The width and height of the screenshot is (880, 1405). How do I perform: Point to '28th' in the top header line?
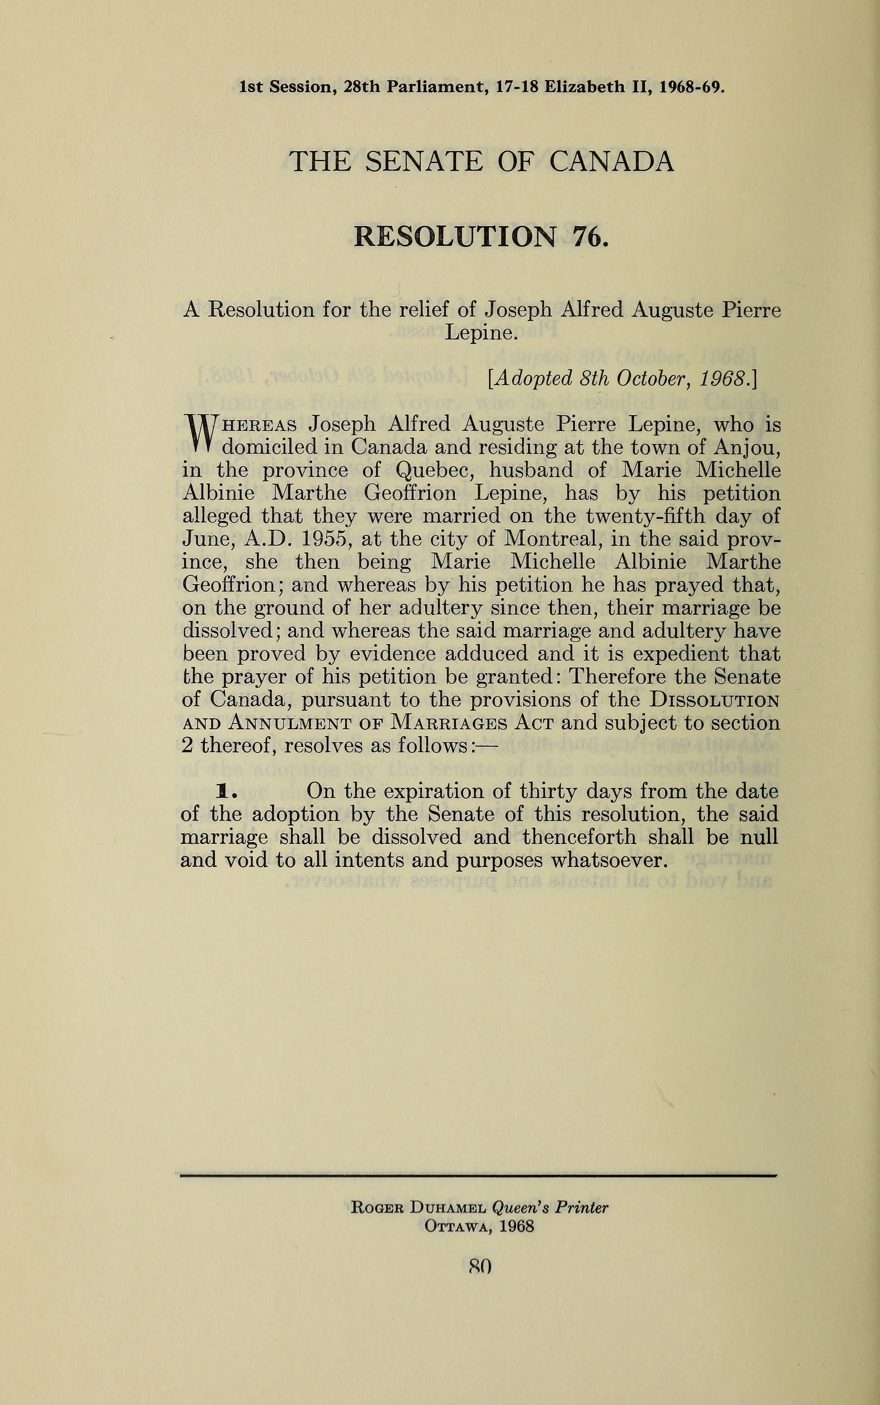pyautogui.click(x=362, y=87)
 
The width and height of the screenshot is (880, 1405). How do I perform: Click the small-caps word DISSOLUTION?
pyautogui.click(x=715, y=700)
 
